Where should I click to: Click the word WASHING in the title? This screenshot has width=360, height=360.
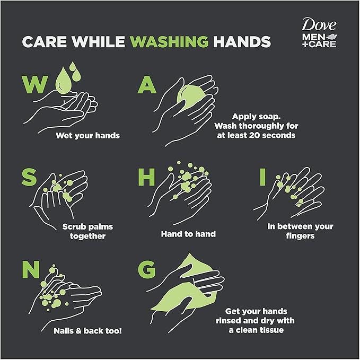169,41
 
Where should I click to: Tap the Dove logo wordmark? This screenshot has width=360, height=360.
319,24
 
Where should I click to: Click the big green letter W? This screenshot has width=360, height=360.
35,84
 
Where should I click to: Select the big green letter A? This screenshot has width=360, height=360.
147,85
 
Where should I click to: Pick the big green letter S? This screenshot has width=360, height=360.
29,177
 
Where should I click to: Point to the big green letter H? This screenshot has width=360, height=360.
146,177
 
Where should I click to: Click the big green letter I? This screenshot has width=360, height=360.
262,177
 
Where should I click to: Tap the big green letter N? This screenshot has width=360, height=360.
31,269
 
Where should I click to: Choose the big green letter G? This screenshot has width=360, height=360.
147,269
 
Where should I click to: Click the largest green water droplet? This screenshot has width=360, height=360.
64,81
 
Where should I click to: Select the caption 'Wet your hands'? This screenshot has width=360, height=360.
87,135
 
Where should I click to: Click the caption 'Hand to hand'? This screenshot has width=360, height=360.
188,234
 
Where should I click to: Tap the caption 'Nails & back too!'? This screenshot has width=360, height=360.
87,331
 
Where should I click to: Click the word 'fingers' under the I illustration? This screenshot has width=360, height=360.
300,236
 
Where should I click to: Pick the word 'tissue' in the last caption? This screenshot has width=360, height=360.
271,330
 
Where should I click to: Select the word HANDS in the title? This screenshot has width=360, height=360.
242,41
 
